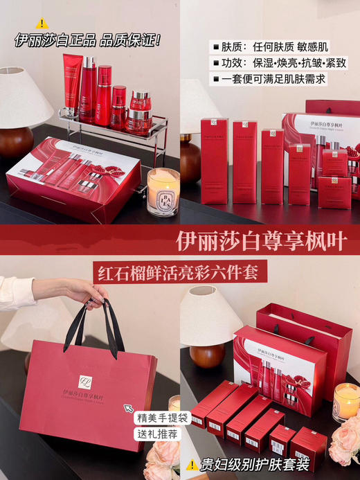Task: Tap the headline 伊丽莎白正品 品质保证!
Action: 88,40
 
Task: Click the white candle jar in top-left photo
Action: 163,191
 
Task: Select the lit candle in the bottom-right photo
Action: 346,402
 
